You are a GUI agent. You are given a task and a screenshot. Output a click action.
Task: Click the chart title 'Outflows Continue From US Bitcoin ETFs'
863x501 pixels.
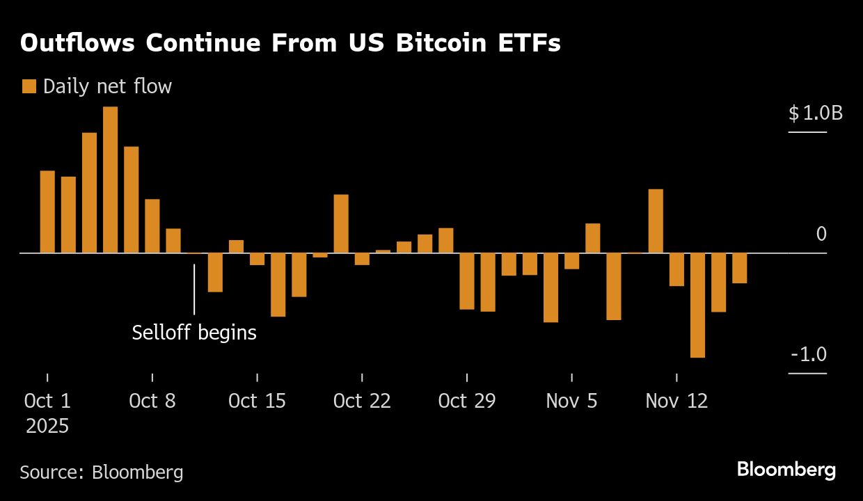pyautogui.click(x=290, y=43)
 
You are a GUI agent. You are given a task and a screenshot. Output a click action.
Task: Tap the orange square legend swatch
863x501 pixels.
pyautogui.click(x=29, y=86)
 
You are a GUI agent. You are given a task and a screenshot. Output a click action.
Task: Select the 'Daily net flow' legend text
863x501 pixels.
pyautogui.click(x=107, y=86)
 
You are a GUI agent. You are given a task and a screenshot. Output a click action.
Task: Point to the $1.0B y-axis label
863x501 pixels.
pyautogui.click(x=815, y=113)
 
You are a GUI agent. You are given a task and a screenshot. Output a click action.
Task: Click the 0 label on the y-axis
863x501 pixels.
pyautogui.click(x=821, y=234)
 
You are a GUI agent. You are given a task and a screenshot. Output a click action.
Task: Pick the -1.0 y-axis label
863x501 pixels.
pyautogui.click(x=809, y=355)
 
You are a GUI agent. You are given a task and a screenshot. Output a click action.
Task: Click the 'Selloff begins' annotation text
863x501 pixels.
pyautogui.click(x=194, y=333)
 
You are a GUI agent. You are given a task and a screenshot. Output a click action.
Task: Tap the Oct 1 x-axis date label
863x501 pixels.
pyautogui.click(x=47, y=401)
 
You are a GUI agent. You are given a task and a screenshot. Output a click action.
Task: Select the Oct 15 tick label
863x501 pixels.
pyautogui.click(x=257, y=401)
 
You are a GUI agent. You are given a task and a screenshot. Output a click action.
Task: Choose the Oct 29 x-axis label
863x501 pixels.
pyautogui.click(x=467, y=401)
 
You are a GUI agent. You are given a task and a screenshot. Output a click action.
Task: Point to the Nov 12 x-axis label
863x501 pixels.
pyautogui.click(x=676, y=401)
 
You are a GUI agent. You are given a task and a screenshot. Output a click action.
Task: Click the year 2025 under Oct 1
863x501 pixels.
pyautogui.click(x=47, y=425)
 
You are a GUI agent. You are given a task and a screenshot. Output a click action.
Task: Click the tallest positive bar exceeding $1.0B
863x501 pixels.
pyautogui.click(x=110, y=180)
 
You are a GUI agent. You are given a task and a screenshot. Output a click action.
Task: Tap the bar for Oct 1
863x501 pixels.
pyautogui.click(x=47, y=212)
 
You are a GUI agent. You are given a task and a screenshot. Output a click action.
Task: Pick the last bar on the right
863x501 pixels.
pyautogui.click(x=739, y=268)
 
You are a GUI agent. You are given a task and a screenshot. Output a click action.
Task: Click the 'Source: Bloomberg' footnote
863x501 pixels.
pyautogui.click(x=102, y=472)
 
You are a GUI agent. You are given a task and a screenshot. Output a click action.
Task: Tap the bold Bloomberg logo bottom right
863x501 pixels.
pyautogui.click(x=786, y=470)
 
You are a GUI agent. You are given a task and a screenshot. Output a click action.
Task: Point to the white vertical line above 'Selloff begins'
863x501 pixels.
pyautogui.click(x=194, y=289)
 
